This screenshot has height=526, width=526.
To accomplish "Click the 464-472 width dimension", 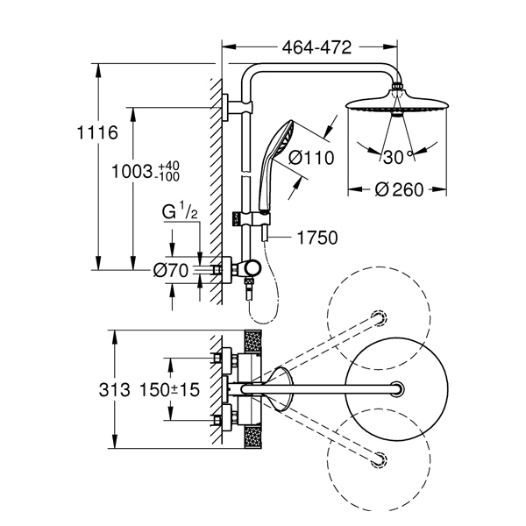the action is click(316, 47).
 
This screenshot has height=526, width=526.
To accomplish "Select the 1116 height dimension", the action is click(97, 132).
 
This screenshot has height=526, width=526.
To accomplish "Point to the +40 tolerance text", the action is click(168, 166).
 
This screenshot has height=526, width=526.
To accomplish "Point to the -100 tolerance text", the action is click(167, 176).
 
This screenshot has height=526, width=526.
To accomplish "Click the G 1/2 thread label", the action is click(180, 210).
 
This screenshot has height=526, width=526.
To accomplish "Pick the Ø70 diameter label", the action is click(171, 270).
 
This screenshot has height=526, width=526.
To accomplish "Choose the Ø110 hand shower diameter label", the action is click(311, 157).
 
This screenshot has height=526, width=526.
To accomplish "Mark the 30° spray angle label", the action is click(398, 157).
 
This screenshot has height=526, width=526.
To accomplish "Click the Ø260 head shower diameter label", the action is click(399, 189).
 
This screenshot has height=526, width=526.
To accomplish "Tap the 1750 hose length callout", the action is click(317, 238).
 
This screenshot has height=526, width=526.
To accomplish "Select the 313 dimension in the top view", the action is click(114, 390).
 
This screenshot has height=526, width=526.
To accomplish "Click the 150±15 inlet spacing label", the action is click(169, 390).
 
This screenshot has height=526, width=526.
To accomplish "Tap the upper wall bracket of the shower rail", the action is click(237, 107).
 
